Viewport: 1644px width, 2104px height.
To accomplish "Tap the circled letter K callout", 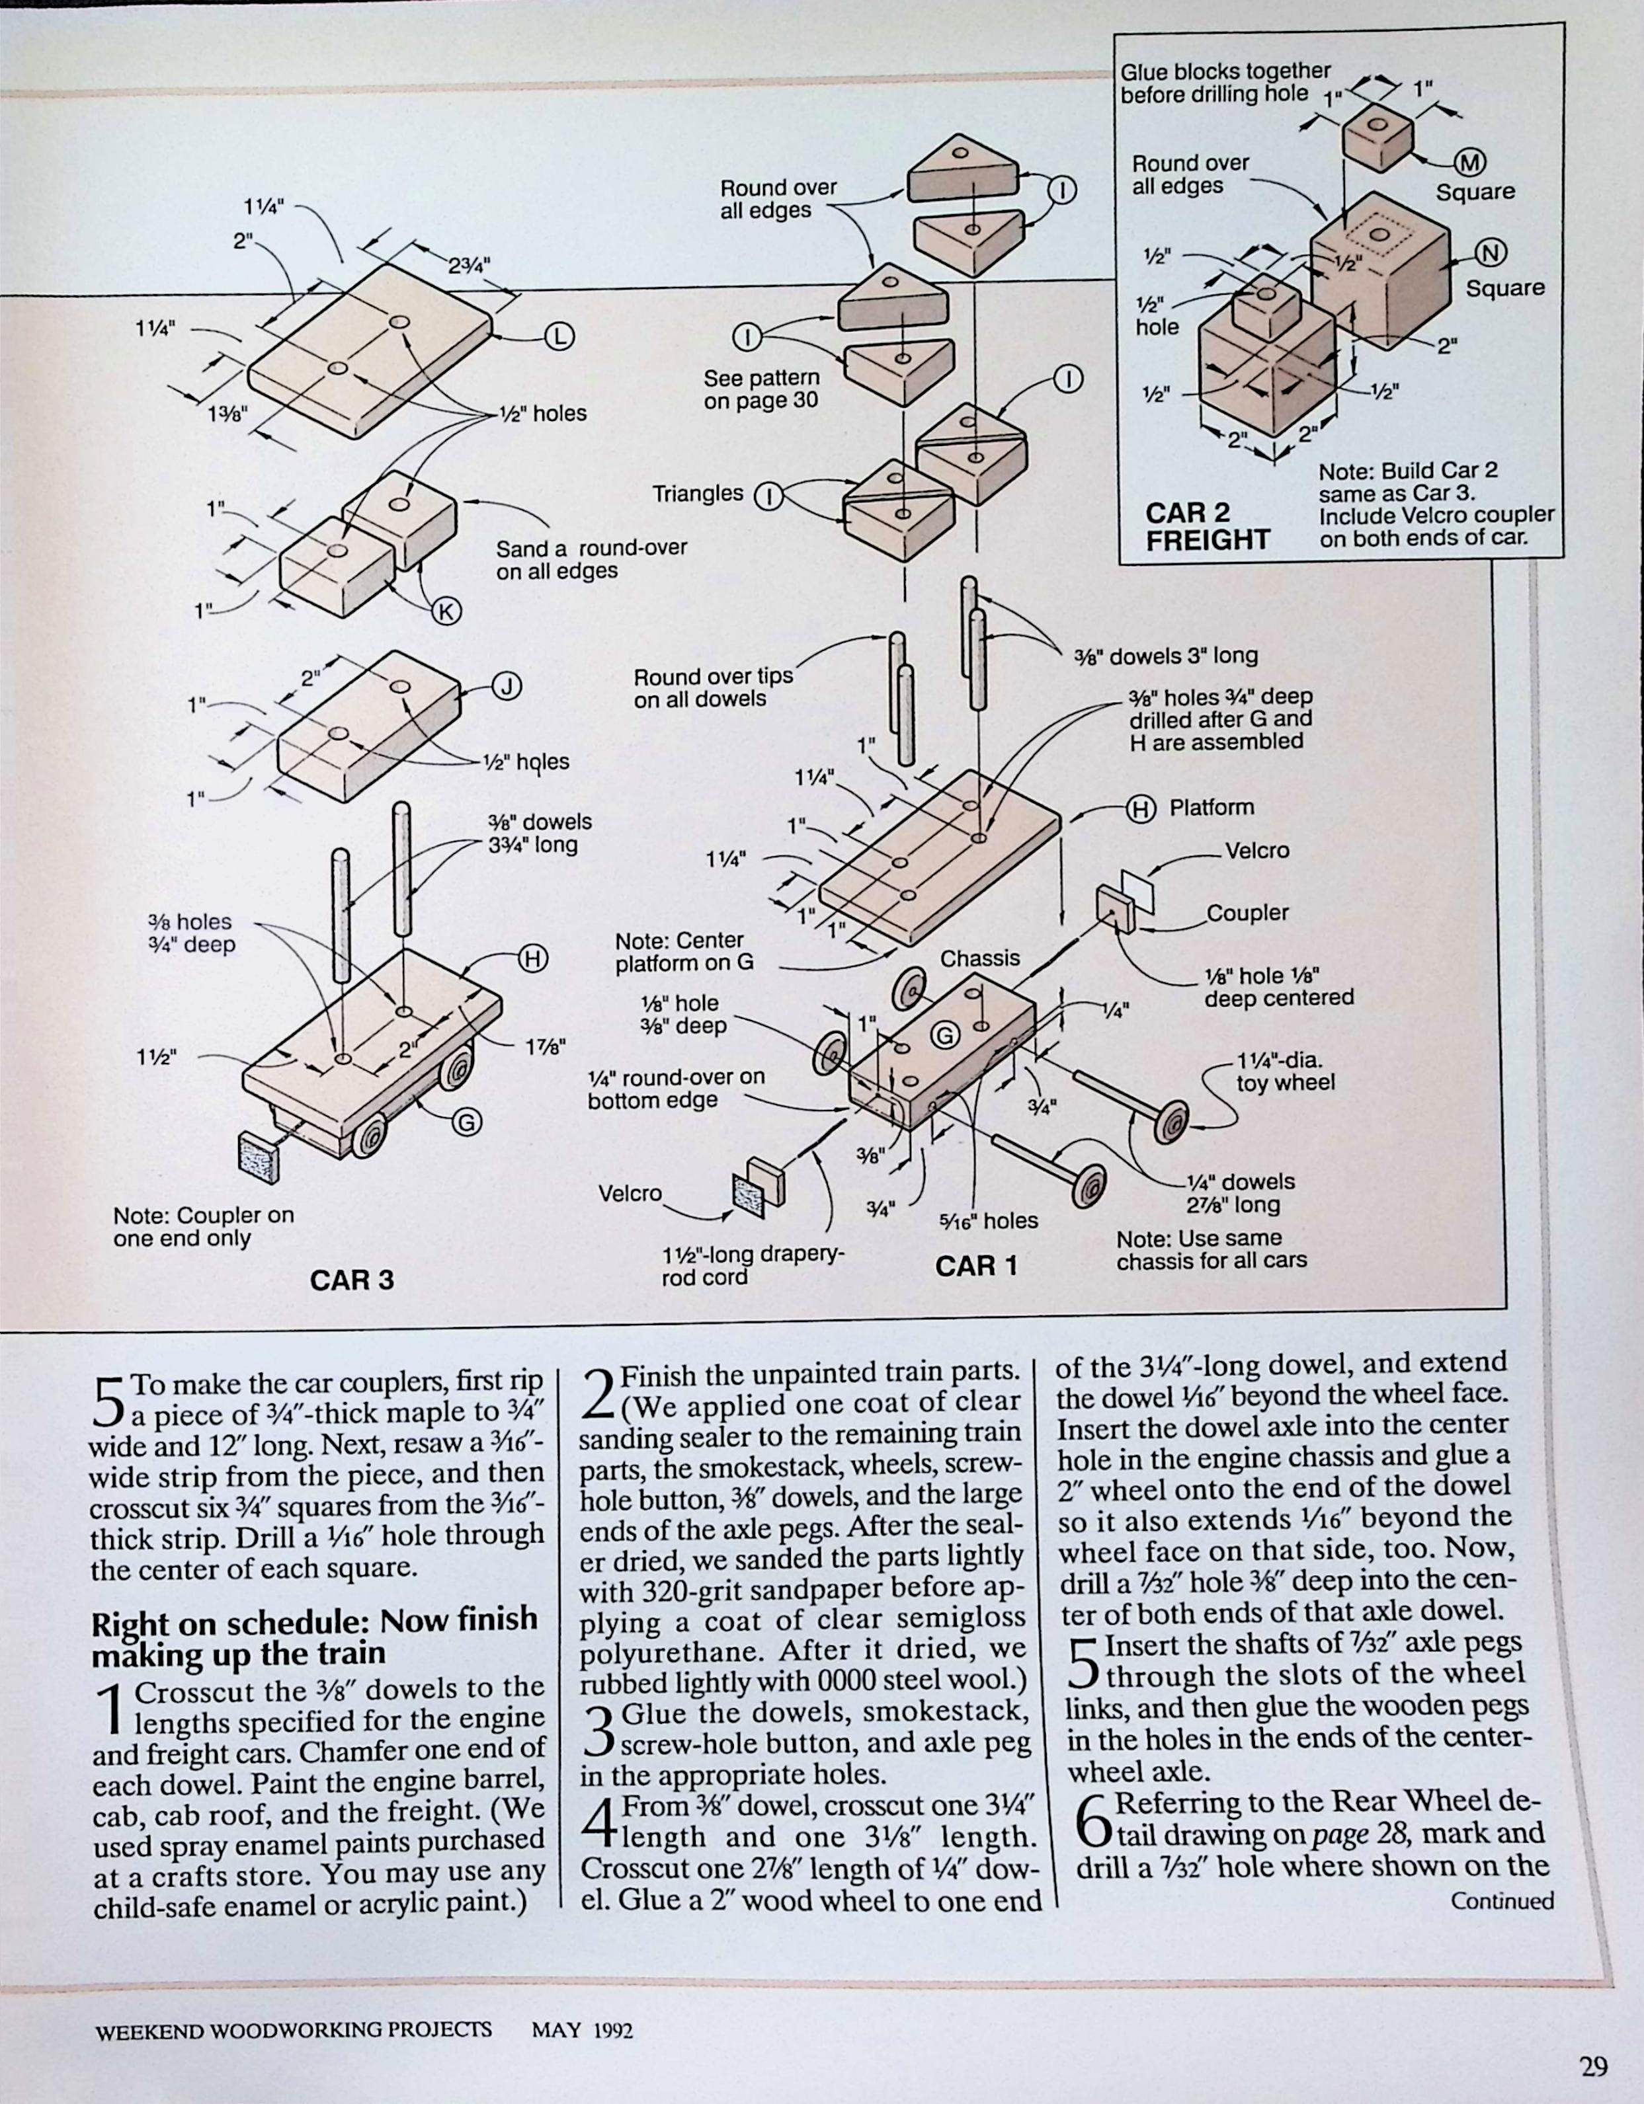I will point(446,611).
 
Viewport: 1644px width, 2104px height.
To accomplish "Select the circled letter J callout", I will point(507,687).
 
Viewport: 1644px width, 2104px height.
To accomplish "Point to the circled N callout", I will point(1490,253).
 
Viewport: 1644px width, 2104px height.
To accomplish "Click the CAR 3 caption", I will point(352,1280).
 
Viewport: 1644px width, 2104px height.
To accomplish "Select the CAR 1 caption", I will point(976,1266).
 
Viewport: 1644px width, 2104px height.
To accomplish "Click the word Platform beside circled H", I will point(1212,807).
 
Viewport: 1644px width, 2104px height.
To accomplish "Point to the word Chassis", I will point(979,958).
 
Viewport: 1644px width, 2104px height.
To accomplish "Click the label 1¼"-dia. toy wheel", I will point(1286,1071).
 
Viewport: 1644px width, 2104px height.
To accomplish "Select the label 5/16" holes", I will point(988,1221).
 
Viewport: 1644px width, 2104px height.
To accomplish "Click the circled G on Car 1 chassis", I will point(946,1036).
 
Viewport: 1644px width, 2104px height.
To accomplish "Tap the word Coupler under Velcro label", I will point(1247,912).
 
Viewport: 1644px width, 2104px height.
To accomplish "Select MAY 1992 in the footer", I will point(582,2030).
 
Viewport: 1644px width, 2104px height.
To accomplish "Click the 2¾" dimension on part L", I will point(470,267).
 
